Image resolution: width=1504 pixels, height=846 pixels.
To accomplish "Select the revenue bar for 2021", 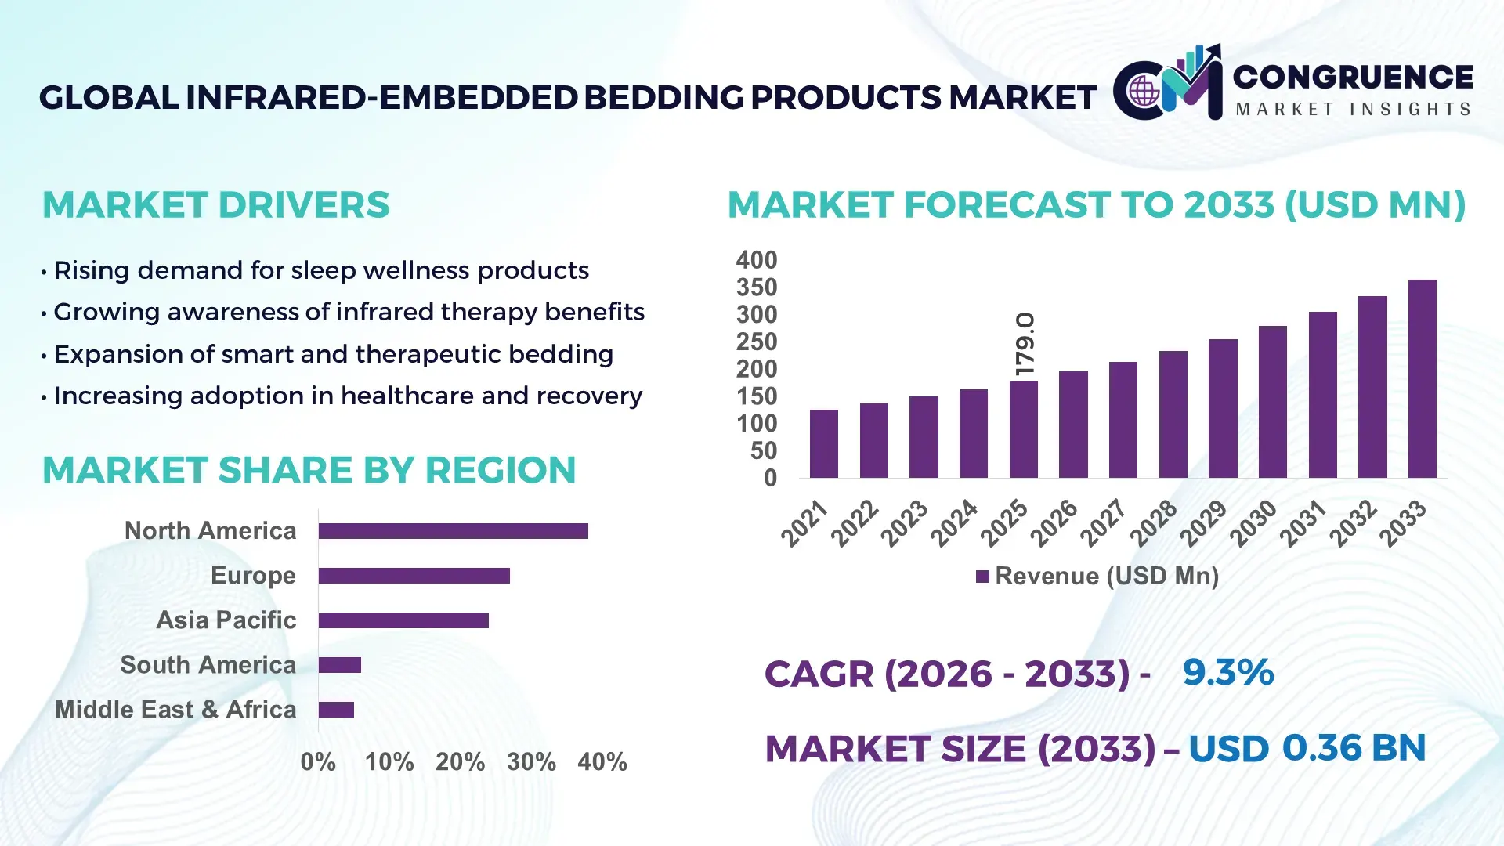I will [x=823, y=443].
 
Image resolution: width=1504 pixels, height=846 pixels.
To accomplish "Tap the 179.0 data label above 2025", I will [x=1025, y=344].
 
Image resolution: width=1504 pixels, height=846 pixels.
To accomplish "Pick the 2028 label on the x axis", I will [x=1153, y=523].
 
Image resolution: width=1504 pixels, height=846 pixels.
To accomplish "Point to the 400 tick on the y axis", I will [x=756, y=260].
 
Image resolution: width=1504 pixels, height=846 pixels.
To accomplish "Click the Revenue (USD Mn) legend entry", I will [x=1097, y=577].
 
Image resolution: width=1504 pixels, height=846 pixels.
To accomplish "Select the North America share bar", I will [x=453, y=531].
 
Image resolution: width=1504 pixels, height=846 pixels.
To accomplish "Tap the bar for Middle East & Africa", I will [x=336, y=710].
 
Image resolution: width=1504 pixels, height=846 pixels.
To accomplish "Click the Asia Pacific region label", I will [x=226, y=620].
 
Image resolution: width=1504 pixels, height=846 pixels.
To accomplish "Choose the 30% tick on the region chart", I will [x=531, y=761].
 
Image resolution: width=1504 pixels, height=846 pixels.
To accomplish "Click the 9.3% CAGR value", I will [x=1227, y=672].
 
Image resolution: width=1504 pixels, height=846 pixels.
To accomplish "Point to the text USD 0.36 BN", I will [x=1307, y=748].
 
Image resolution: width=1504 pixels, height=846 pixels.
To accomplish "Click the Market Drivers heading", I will [x=215, y=205].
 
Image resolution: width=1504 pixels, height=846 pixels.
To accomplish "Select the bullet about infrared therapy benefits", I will [x=349, y=312].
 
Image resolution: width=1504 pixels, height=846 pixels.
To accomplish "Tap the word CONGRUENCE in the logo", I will [x=1353, y=77].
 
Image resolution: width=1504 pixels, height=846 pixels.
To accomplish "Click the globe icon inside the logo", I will [x=1144, y=91].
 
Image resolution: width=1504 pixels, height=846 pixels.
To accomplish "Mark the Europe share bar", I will [x=414, y=576].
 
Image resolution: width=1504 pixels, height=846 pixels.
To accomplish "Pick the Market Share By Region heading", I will [x=309, y=470].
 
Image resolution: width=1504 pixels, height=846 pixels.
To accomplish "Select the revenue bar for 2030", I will [x=1272, y=402].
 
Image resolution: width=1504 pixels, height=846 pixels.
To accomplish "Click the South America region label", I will [x=208, y=665].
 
